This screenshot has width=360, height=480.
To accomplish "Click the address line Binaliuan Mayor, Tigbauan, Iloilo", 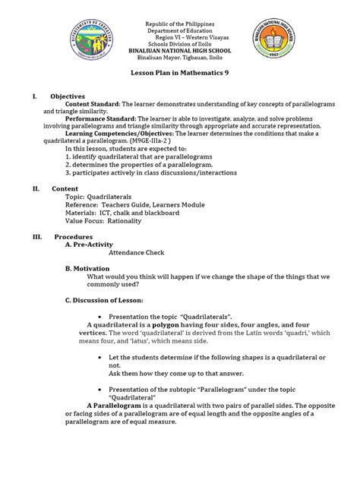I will tap(180, 58).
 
